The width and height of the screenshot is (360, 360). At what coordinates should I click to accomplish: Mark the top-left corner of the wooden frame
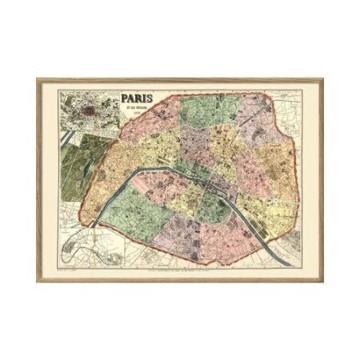tap(38, 78)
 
